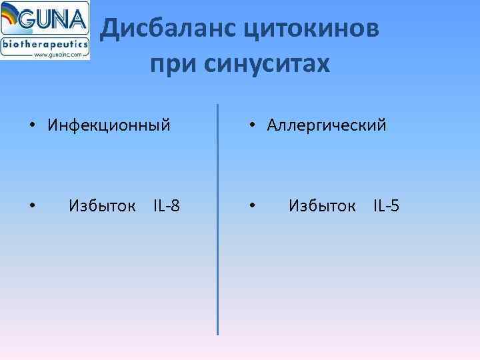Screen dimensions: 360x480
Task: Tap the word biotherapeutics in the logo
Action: [x=45, y=44]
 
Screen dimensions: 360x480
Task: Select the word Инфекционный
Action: [x=109, y=125]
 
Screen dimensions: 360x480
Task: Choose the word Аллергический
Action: [x=327, y=125]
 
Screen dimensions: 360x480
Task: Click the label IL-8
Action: [x=166, y=205]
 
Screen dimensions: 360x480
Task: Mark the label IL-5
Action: [x=386, y=205]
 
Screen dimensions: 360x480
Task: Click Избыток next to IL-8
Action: [x=101, y=205]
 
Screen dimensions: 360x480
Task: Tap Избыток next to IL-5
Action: [x=321, y=205]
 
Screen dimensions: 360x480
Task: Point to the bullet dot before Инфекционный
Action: [x=31, y=125]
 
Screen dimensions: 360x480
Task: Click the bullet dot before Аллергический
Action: [x=251, y=125]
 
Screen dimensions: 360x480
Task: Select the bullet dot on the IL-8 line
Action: [x=31, y=206]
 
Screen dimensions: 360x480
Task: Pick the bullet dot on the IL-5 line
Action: [x=251, y=206]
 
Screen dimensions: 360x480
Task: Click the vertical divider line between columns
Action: [x=218, y=220]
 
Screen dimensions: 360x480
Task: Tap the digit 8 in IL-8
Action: [x=175, y=205]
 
